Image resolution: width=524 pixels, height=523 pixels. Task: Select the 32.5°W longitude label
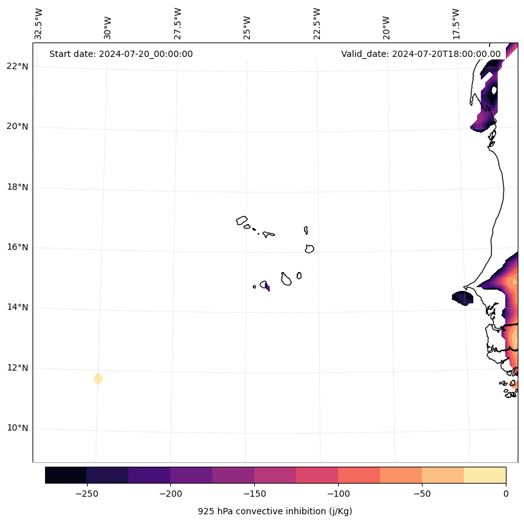[x=39, y=24]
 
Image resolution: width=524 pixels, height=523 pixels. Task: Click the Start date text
[x=121, y=54]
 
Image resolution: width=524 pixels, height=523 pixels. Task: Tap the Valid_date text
[x=421, y=54]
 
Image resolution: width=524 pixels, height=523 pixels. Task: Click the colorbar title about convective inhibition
[x=275, y=511]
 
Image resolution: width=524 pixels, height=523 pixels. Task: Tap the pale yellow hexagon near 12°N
[x=98, y=378]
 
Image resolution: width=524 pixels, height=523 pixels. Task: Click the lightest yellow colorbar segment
[x=485, y=475]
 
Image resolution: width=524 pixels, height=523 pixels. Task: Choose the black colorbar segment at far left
[x=66, y=475]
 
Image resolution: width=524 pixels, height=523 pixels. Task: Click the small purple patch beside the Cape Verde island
[x=268, y=287]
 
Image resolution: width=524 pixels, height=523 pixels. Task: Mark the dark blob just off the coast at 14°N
[x=463, y=298]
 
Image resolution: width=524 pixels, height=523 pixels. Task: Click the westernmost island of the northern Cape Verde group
[x=242, y=220]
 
